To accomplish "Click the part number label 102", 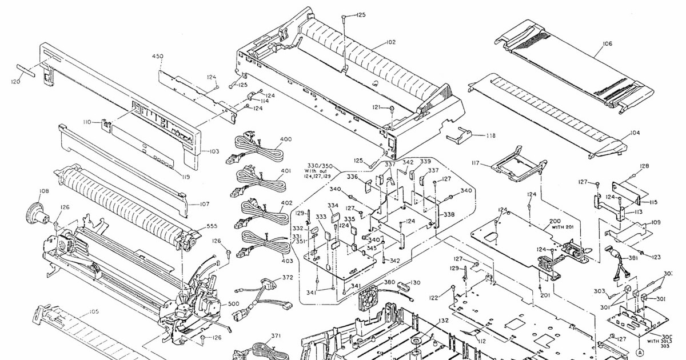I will (x=390, y=42).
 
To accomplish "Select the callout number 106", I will (x=607, y=43).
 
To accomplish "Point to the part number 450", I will (x=158, y=56).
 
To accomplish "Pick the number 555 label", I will (x=212, y=226).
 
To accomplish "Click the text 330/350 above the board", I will (x=320, y=165).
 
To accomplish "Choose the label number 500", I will (x=234, y=303).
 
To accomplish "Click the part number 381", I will (x=633, y=258).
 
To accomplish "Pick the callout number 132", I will (x=443, y=321).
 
